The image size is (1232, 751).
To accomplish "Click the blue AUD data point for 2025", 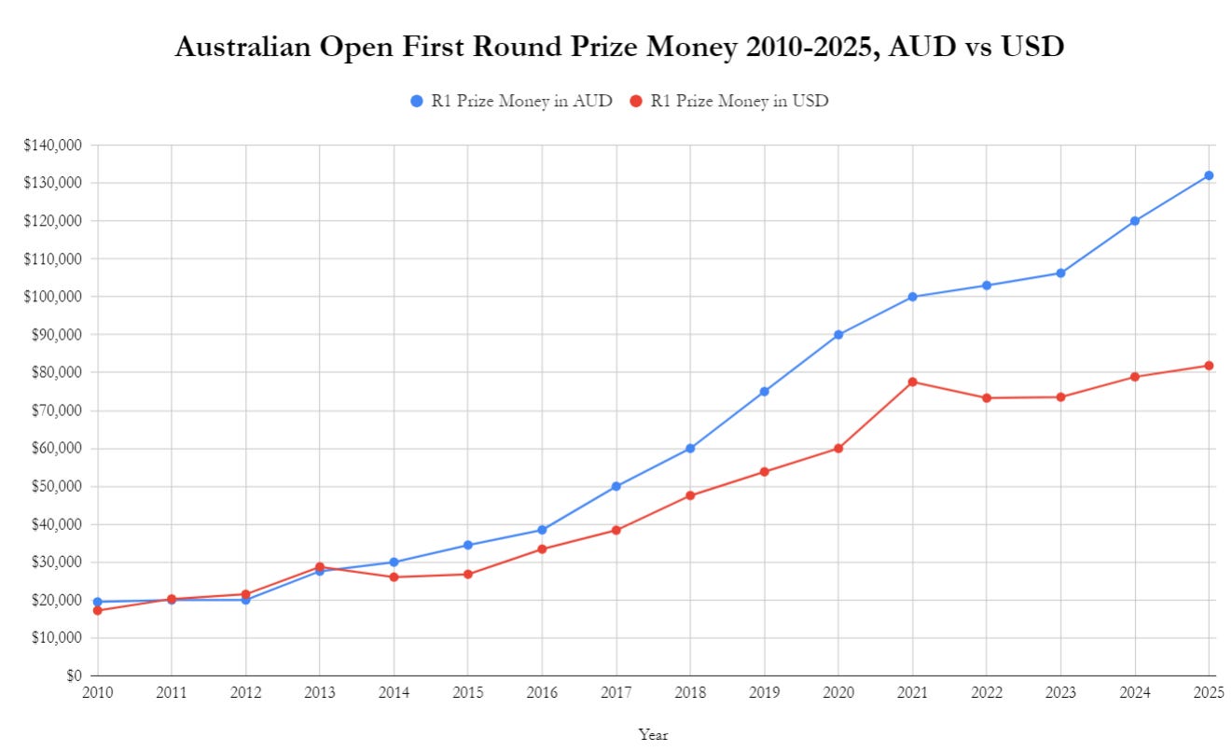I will [x=1209, y=175].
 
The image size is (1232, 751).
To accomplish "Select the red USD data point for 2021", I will [x=912, y=382].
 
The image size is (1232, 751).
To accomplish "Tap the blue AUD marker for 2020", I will [x=838, y=334].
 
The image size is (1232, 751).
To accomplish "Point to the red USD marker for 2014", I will [x=394, y=577].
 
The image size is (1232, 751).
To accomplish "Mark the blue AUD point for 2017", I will [x=616, y=486].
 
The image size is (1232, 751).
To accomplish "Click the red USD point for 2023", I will [x=1060, y=396].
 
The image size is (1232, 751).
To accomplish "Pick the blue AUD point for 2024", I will [x=1135, y=221].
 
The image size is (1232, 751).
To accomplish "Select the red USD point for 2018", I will [x=690, y=495].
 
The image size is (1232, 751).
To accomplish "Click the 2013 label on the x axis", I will [x=320, y=692].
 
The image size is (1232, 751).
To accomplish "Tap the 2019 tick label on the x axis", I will [x=764, y=692].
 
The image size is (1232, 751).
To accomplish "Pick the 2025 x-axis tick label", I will [x=1208, y=692].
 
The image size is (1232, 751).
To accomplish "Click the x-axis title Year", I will [x=653, y=734].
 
